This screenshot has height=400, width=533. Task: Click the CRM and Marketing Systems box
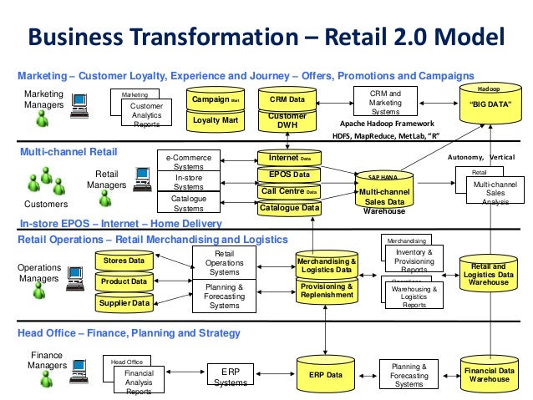[x=385, y=102]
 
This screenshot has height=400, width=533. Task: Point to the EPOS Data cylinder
[x=289, y=175]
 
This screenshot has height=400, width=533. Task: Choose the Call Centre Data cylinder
[x=289, y=191]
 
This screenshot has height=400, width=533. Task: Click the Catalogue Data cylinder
[x=289, y=208]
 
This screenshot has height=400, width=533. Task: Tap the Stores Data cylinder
[x=124, y=261]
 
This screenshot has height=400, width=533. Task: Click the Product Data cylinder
[x=124, y=281]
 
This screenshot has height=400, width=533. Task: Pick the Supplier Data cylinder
[x=124, y=303]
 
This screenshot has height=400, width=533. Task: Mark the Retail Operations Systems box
[x=224, y=263]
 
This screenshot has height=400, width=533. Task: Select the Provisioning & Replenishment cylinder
[x=327, y=290]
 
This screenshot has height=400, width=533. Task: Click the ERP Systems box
[x=230, y=376]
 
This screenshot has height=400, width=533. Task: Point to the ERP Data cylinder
[x=326, y=375]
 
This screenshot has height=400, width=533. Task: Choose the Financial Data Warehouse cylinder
[x=490, y=373]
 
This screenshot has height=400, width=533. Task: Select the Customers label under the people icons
[x=41, y=203]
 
